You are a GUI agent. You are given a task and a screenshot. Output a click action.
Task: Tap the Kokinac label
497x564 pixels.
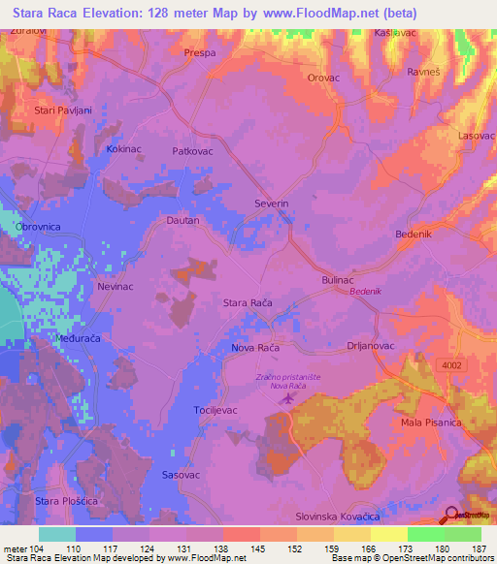pos(125,153)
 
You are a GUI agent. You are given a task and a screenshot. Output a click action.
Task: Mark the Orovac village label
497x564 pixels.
pos(323,78)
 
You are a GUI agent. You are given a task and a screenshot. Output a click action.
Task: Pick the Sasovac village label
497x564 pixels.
pos(181,476)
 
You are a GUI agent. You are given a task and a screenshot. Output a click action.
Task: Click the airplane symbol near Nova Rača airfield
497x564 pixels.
pos(286,397)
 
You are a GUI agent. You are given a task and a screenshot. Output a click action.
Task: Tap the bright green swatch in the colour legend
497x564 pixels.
pos(425,534)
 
